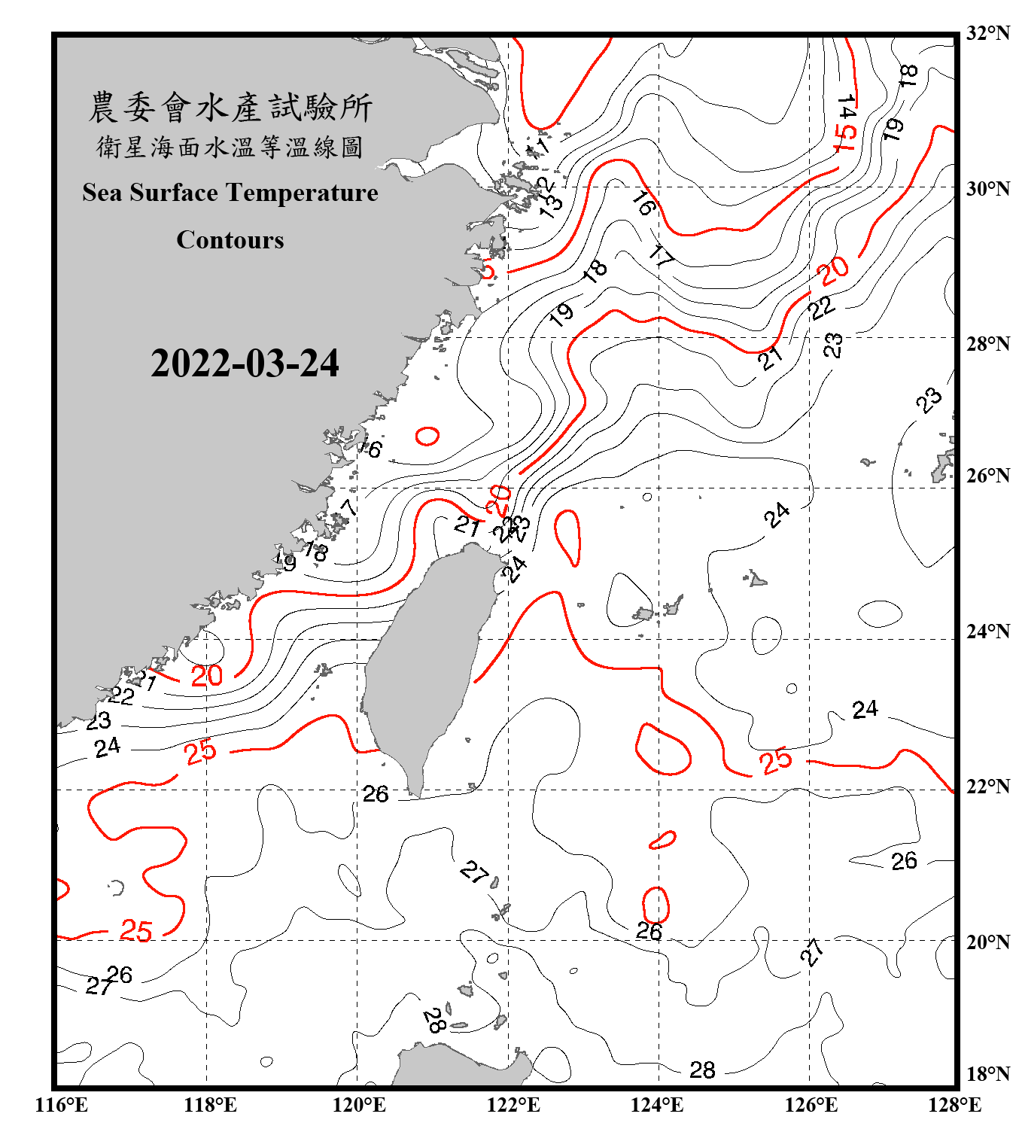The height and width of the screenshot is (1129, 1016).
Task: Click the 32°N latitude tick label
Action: (x=987, y=33)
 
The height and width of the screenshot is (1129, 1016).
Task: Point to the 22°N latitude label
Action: (x=987, y=787)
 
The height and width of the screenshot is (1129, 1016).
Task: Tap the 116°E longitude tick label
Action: (x=62, y=1105)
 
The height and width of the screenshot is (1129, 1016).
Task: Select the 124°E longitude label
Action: (x=657, y=1105)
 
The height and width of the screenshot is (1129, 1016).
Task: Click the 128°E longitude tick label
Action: (x=954, y=1105)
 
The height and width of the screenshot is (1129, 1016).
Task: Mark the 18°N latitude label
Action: (x=987, y=1074)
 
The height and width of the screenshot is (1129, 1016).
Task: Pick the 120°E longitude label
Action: (x=359, y=1105)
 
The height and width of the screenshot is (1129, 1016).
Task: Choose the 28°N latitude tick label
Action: (x=987, y=344)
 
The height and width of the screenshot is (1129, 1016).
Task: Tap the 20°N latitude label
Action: (x=987, y=942)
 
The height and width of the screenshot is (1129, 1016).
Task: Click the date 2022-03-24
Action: (x=245, y=364)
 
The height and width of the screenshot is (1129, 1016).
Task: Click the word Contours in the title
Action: (x=230, y=240)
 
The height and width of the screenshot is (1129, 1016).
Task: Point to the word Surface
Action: (x=174, y=193)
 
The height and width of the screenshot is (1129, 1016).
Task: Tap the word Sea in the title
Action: (x=102, y=193)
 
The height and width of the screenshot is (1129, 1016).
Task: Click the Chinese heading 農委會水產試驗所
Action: (x=230, y=107)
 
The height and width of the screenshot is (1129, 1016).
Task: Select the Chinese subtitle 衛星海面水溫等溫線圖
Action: (x=230, y=147)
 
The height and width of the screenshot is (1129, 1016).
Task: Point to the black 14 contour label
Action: (x=847, y=107)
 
